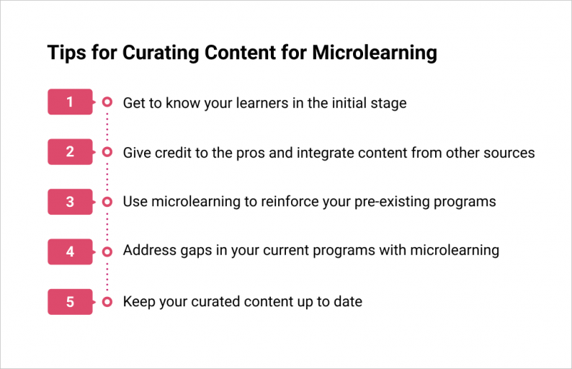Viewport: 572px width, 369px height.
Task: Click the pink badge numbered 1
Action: point(70,102)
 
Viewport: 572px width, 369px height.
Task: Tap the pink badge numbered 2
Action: point(70,152)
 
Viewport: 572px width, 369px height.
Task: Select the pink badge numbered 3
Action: point(70,202)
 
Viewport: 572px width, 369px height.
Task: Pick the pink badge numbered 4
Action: point(70,252)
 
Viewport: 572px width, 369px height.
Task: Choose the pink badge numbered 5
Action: point(70,302)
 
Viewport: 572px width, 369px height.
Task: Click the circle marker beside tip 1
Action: point(107,102)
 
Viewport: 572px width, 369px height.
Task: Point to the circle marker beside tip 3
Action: point(107,202)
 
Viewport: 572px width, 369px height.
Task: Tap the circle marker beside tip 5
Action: point(107,302)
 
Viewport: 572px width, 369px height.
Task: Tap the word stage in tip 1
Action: point(388,103)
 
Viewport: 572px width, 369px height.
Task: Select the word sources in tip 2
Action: point(509,153)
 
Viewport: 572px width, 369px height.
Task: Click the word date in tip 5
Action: point(347,302)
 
